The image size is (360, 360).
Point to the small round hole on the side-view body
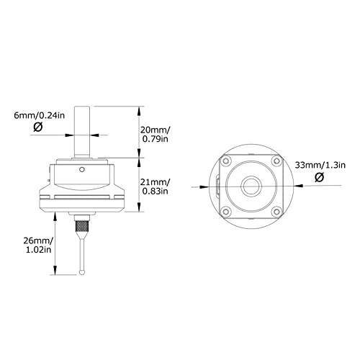tap(84, 170)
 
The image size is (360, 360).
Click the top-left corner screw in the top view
tap(227, 161)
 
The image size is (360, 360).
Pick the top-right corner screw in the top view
tap(277, 161)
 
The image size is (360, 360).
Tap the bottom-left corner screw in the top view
tap(227, 211)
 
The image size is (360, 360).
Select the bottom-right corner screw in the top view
tap(277, 211)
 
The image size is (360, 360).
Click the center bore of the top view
tap(252, 186)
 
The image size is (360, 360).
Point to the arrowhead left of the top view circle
tap(212, 186)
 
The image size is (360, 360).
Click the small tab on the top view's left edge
tap(217, 186)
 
